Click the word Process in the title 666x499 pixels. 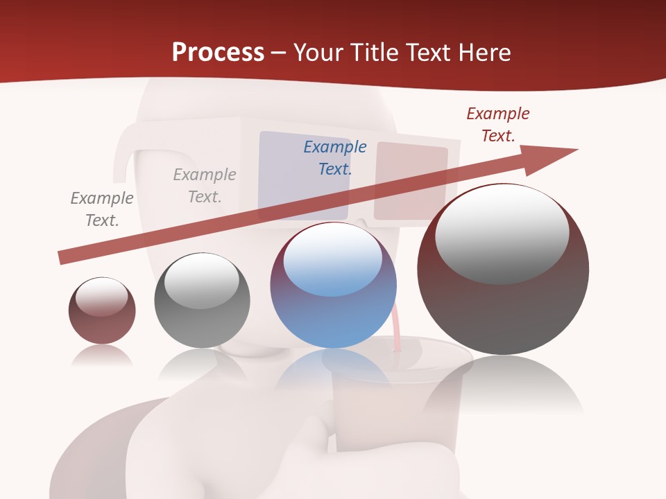(x=218, y=53)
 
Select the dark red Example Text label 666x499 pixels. (x=498, y=125)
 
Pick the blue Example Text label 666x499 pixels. (x=335, y=157)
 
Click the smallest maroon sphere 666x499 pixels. (x=102, y=310)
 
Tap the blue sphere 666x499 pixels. (x=333, y=305)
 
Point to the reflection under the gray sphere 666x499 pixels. (x=202, y=364)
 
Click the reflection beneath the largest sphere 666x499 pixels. (x=503, y=388)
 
